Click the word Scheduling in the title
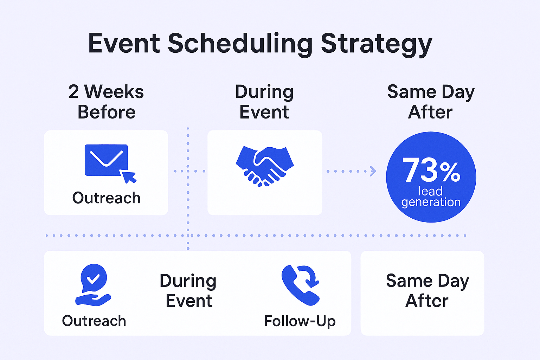coord(240,44)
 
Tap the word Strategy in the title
coord(376,44)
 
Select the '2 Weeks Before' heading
coord(106,102)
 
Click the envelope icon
coord(106,160)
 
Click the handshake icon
coord(265,166)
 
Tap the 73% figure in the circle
coord(431,170)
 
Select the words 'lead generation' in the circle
coord(431,197)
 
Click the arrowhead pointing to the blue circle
coord(373,171)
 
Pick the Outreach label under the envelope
coord(106,198)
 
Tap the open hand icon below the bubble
coord(93,300)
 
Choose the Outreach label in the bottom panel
coord(94,321)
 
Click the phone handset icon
coord(300,285)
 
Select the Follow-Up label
coord(300,321)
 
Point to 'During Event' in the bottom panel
coord(188,291)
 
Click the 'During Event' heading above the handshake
coord(264,102)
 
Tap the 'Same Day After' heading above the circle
coord(431,102)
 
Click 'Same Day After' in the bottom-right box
coord(427,291)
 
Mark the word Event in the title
coord(124,43)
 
